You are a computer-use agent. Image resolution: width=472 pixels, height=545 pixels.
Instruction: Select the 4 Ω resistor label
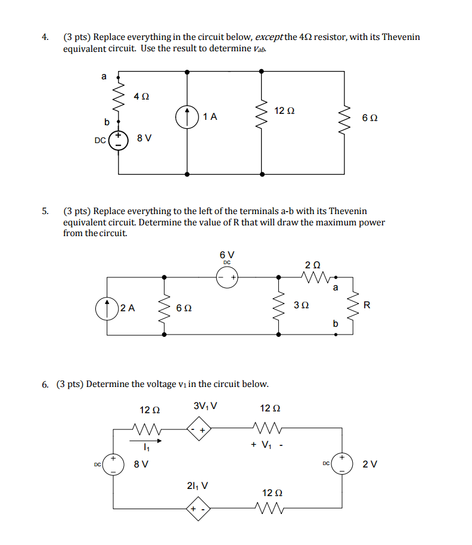141,95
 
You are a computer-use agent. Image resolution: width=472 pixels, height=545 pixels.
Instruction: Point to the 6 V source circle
227,277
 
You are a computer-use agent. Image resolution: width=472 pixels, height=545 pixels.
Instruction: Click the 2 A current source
107,308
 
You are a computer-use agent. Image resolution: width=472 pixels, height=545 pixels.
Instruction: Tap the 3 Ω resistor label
301,306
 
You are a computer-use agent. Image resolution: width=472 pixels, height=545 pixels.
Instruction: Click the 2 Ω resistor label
312,264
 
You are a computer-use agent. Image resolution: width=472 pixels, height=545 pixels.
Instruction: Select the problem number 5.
45,211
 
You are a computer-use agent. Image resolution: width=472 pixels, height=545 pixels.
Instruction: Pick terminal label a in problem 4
104,76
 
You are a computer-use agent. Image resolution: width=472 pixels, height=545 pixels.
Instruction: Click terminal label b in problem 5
335,324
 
